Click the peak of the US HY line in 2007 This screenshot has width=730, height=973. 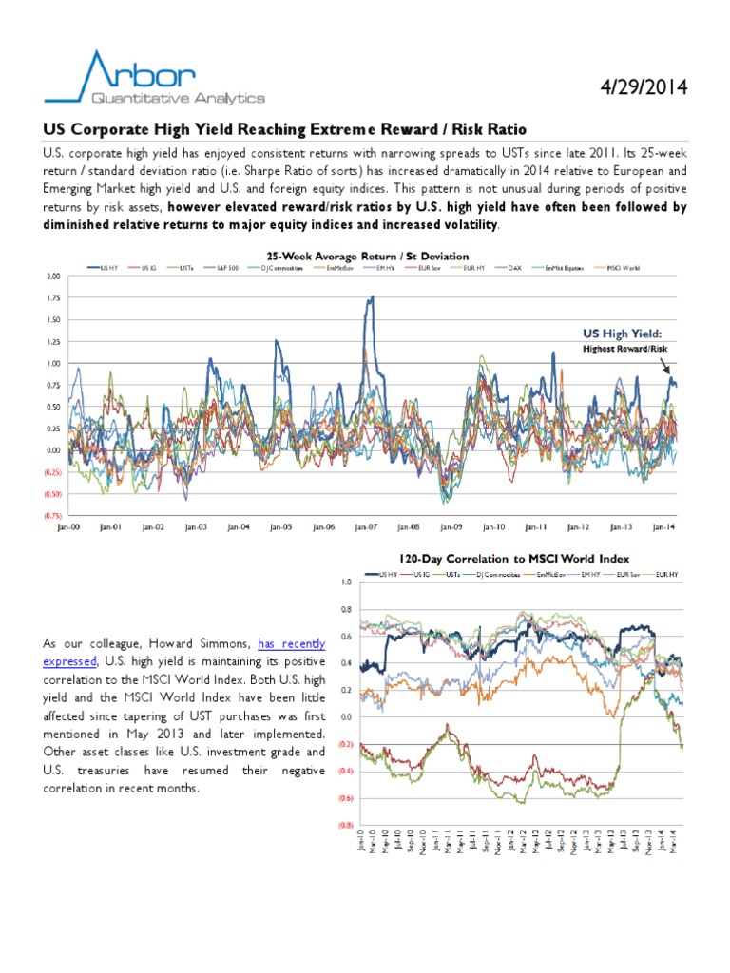372,297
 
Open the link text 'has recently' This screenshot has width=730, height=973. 292,643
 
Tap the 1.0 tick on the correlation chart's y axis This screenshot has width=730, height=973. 345,582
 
